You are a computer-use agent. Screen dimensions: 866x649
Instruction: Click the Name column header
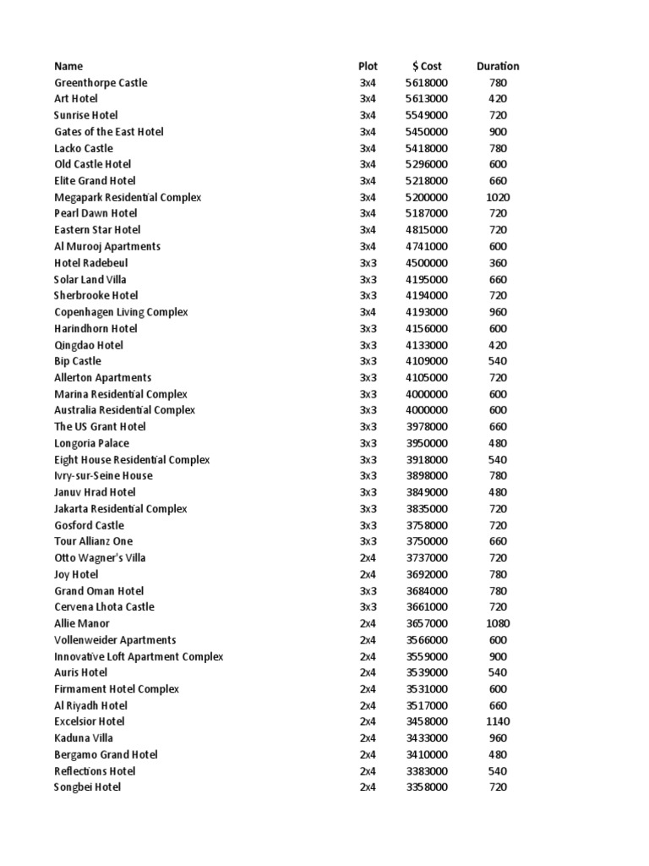68,66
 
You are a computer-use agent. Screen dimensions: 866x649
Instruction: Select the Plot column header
368,66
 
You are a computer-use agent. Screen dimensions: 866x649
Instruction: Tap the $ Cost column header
427,66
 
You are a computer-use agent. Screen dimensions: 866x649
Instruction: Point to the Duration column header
498,66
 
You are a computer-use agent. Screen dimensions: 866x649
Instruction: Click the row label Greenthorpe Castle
101,83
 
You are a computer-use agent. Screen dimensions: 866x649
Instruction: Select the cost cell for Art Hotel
427,99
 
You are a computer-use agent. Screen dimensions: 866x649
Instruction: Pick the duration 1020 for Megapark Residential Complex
498,197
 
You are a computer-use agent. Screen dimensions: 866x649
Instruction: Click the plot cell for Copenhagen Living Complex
368,312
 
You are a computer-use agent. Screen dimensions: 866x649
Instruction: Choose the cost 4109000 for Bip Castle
427,361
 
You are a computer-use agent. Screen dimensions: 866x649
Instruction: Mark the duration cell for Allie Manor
498,623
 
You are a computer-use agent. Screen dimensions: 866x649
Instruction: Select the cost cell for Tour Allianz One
427,541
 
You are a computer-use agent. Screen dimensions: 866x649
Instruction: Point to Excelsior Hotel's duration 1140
498,721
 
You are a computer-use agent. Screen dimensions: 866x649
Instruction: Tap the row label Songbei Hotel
87,787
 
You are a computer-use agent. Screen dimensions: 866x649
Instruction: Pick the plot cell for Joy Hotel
368,574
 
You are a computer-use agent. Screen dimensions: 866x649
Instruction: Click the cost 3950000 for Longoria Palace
427,443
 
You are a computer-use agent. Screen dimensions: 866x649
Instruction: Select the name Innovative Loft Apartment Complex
139,656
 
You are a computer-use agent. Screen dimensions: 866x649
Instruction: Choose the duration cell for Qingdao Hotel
498,345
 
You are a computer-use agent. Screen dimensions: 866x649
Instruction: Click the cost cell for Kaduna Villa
427,738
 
